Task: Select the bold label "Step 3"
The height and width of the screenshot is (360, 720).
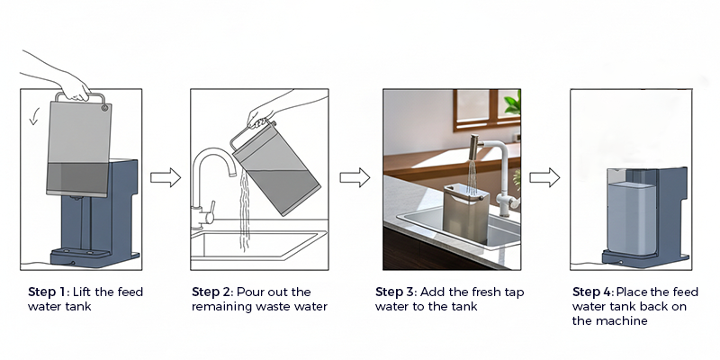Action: [x=397, y=292]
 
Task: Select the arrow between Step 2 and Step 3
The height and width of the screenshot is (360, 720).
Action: [x=355, y=177]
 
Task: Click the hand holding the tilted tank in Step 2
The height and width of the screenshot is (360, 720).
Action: [x=261, y=116]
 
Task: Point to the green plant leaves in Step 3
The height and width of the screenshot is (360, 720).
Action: [x=512, y=103]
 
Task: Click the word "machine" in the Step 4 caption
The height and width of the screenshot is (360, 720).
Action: [x=616, y=321]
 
